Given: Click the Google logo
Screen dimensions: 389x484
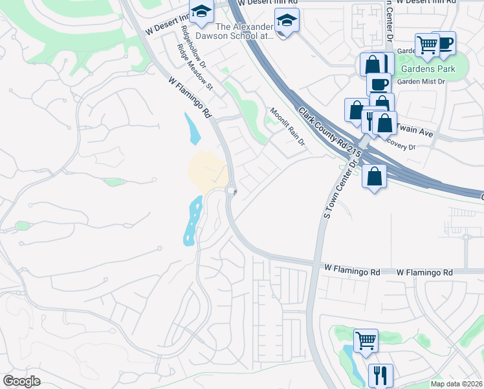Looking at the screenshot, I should click(22, 381).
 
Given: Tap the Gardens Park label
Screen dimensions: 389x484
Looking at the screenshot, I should click(427, 69).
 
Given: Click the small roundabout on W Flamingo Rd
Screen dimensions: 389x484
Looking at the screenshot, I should click(232, 190).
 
